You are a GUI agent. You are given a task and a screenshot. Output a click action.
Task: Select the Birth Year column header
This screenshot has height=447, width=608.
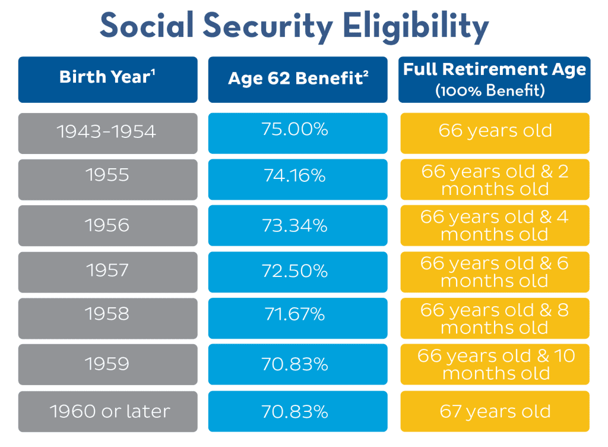pos(107,79)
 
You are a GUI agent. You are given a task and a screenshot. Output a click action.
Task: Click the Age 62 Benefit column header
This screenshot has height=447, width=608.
pos(297,79)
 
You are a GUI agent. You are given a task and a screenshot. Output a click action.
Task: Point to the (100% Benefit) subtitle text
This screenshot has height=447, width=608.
pos(495,91)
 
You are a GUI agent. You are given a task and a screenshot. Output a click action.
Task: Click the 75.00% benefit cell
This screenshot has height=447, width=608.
pos(297,130)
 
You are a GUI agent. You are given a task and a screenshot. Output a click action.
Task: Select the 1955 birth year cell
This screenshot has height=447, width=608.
pos(107,177)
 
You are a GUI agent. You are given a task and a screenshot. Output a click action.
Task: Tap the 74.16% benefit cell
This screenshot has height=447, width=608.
pos(297,177)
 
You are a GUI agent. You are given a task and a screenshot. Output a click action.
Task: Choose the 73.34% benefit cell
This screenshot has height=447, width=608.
pos(297,225)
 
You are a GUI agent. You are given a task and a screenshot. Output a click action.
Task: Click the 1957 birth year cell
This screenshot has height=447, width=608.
pos(107,271)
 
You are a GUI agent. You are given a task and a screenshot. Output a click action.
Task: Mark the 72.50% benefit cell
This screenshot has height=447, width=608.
pos(297,271)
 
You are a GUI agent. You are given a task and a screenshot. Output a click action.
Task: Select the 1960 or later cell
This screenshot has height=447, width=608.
pos(107,411)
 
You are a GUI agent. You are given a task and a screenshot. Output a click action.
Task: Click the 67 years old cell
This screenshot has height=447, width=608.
pos(495,411)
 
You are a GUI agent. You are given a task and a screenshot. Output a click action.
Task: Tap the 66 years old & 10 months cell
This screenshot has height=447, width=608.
pos(495,364)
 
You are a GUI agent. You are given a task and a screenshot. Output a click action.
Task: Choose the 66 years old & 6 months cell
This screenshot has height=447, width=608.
pos(495,271)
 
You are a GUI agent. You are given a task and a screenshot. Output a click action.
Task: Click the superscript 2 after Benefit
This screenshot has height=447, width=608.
pos(367,73)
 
